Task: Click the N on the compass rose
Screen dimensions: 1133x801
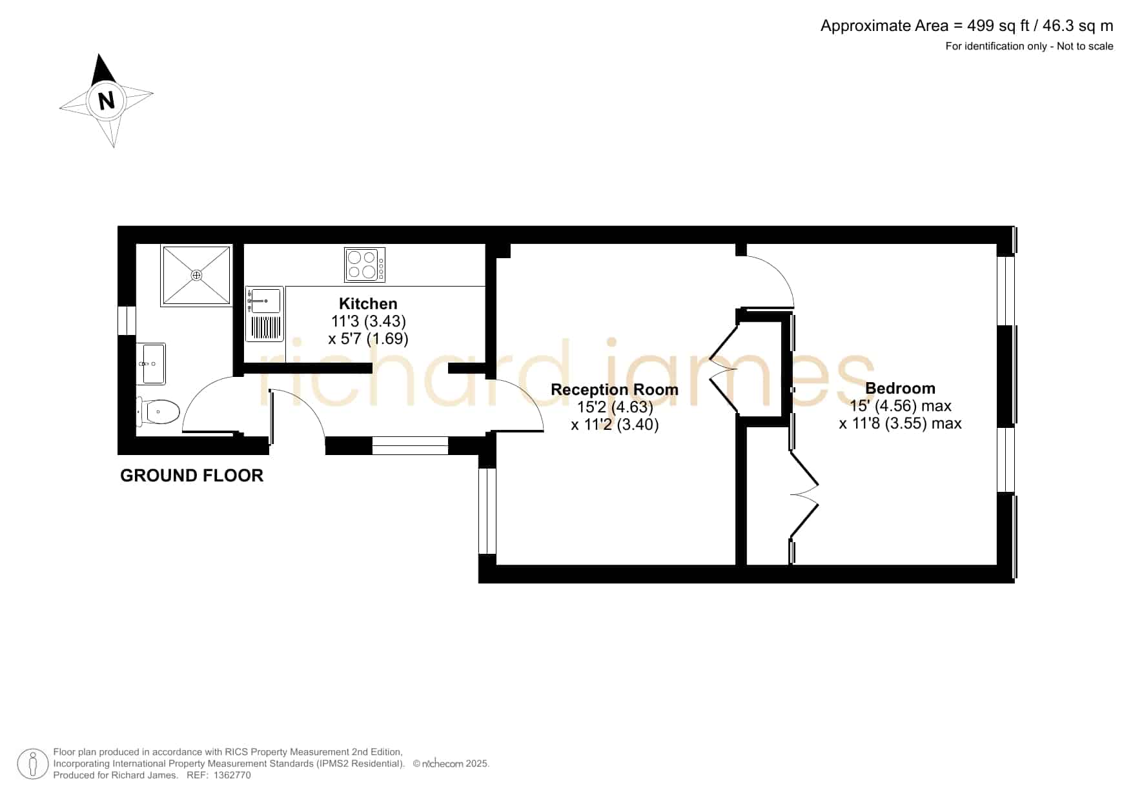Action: (106, 101)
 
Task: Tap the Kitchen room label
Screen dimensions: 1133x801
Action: (368, 303)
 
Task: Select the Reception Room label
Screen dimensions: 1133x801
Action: (615, 389)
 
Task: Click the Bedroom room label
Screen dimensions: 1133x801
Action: (900, 388)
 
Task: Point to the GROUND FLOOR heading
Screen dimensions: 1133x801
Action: (192, 476)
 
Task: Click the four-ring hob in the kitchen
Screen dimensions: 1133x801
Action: (365, 265)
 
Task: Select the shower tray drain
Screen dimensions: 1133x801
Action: (196, 275)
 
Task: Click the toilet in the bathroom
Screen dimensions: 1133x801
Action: (158, 412)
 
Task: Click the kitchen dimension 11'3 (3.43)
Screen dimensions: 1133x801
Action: (368, 321)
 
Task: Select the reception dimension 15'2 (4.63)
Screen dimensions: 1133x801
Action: (615, 407)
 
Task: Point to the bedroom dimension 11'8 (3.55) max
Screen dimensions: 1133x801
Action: (901, 423)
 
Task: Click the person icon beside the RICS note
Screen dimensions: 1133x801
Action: (32, 764)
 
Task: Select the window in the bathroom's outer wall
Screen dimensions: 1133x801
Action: (127, 321)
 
